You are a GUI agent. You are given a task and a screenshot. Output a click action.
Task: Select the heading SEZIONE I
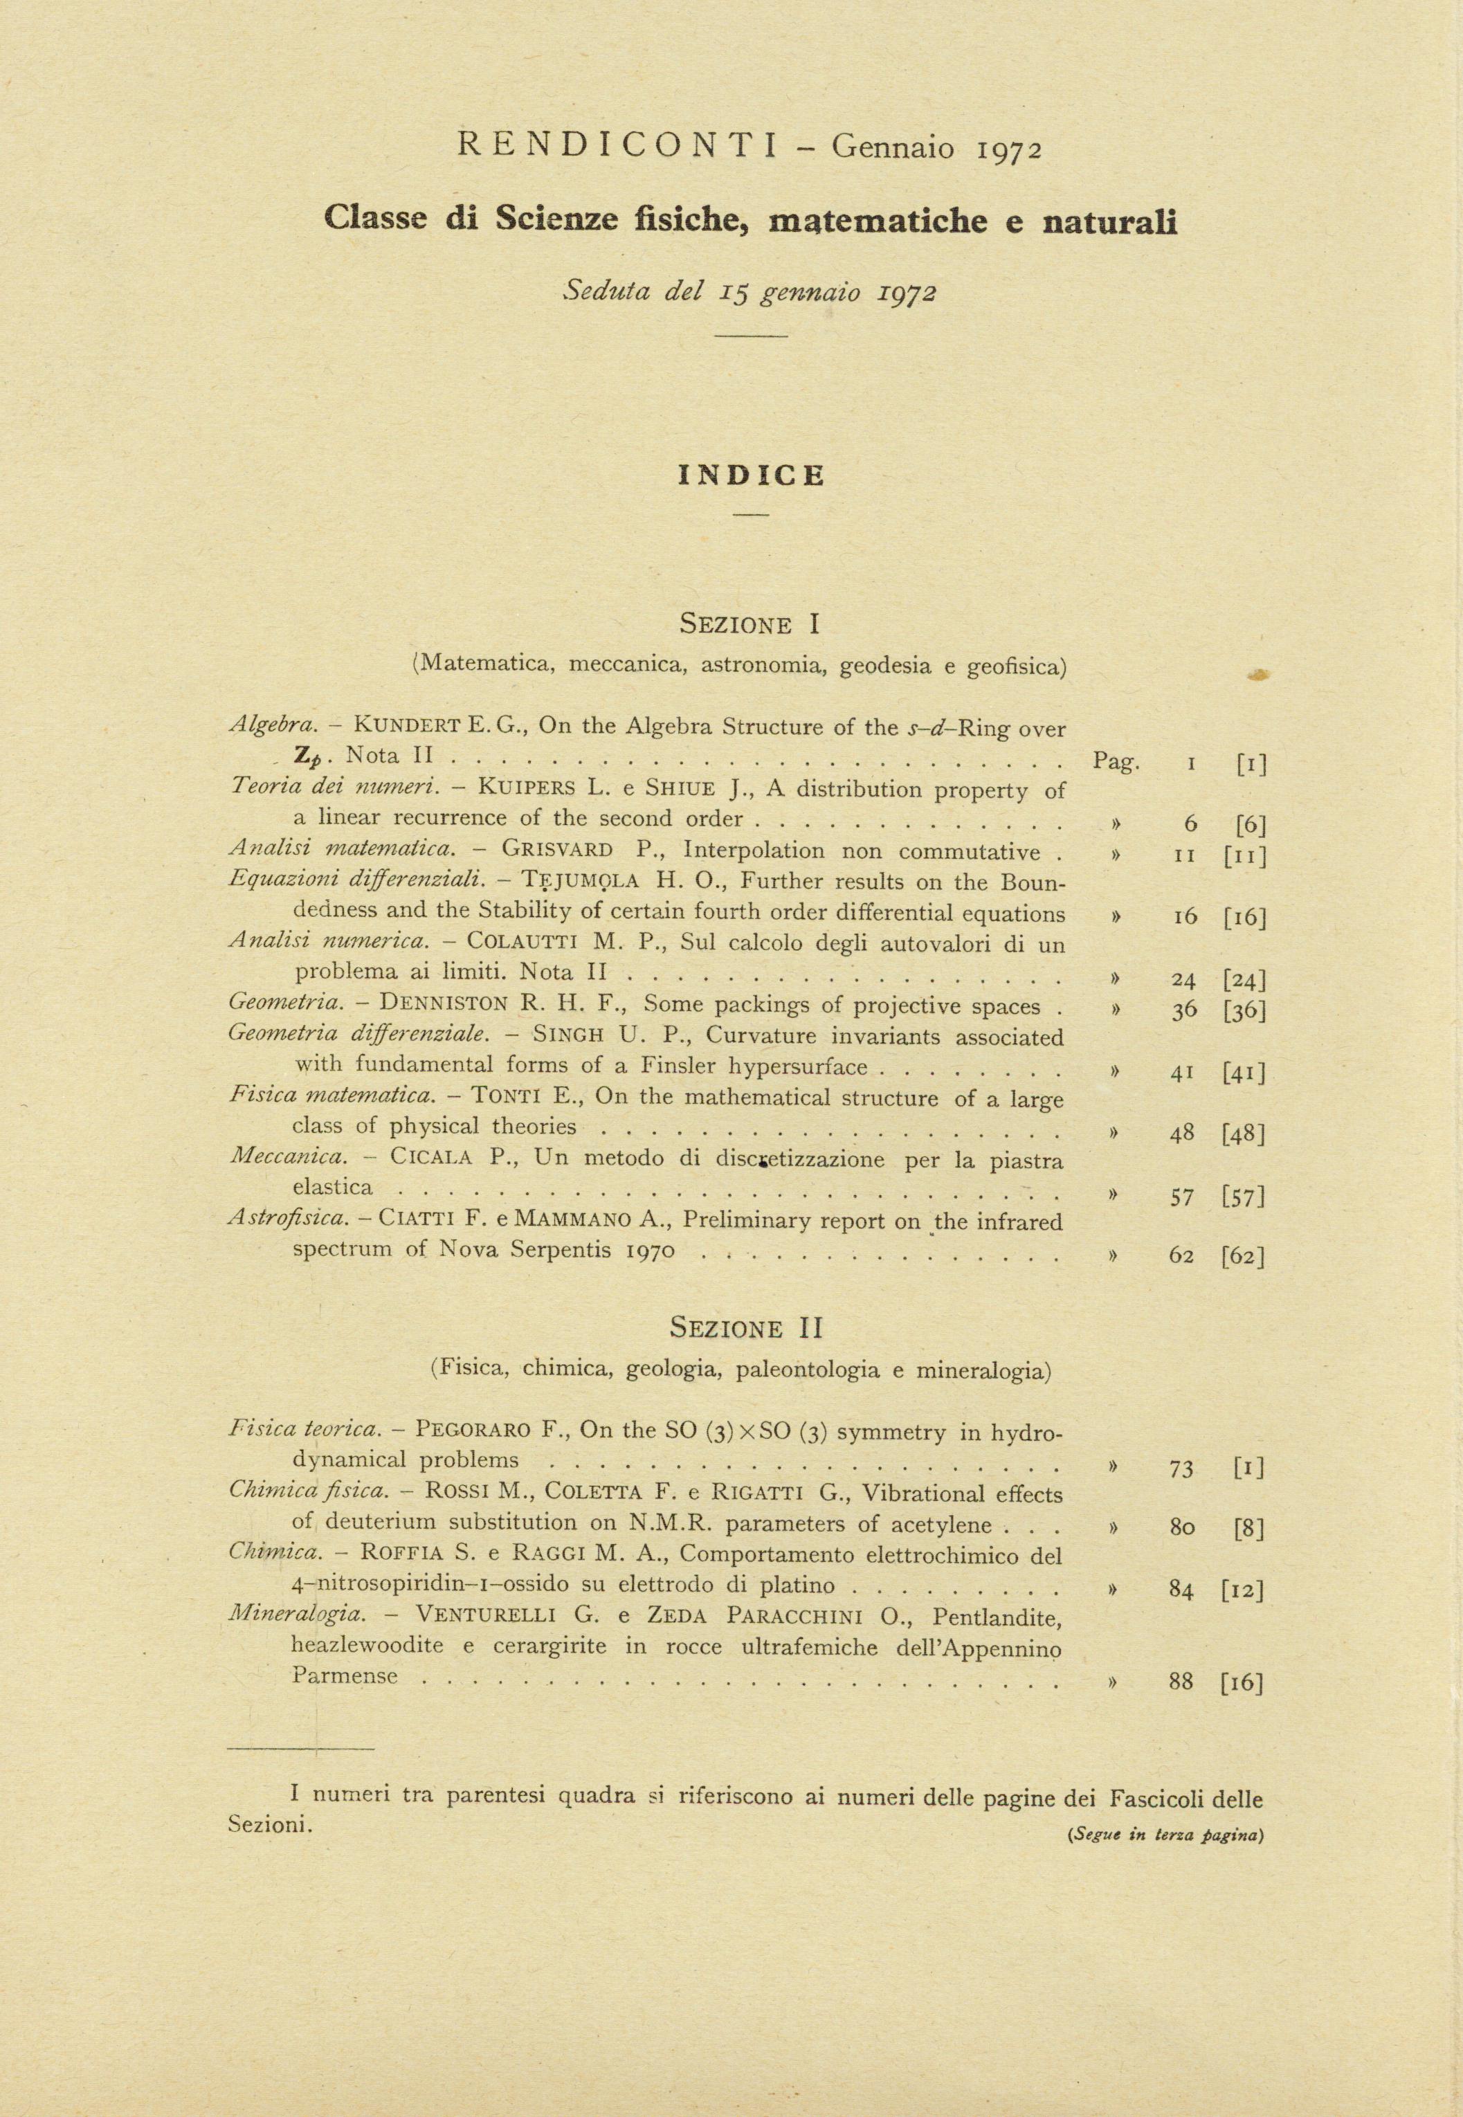pos(749,625)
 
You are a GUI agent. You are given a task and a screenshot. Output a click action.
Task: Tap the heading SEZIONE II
pos(748,1327)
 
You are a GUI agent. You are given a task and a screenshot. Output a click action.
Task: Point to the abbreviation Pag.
pos(1116,761)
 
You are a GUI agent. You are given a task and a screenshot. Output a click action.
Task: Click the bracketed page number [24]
pos(1244,981)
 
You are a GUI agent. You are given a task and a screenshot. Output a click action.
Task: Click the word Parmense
pos(345,1675)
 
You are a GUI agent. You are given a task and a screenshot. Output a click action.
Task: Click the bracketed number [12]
pos(1243,1590)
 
